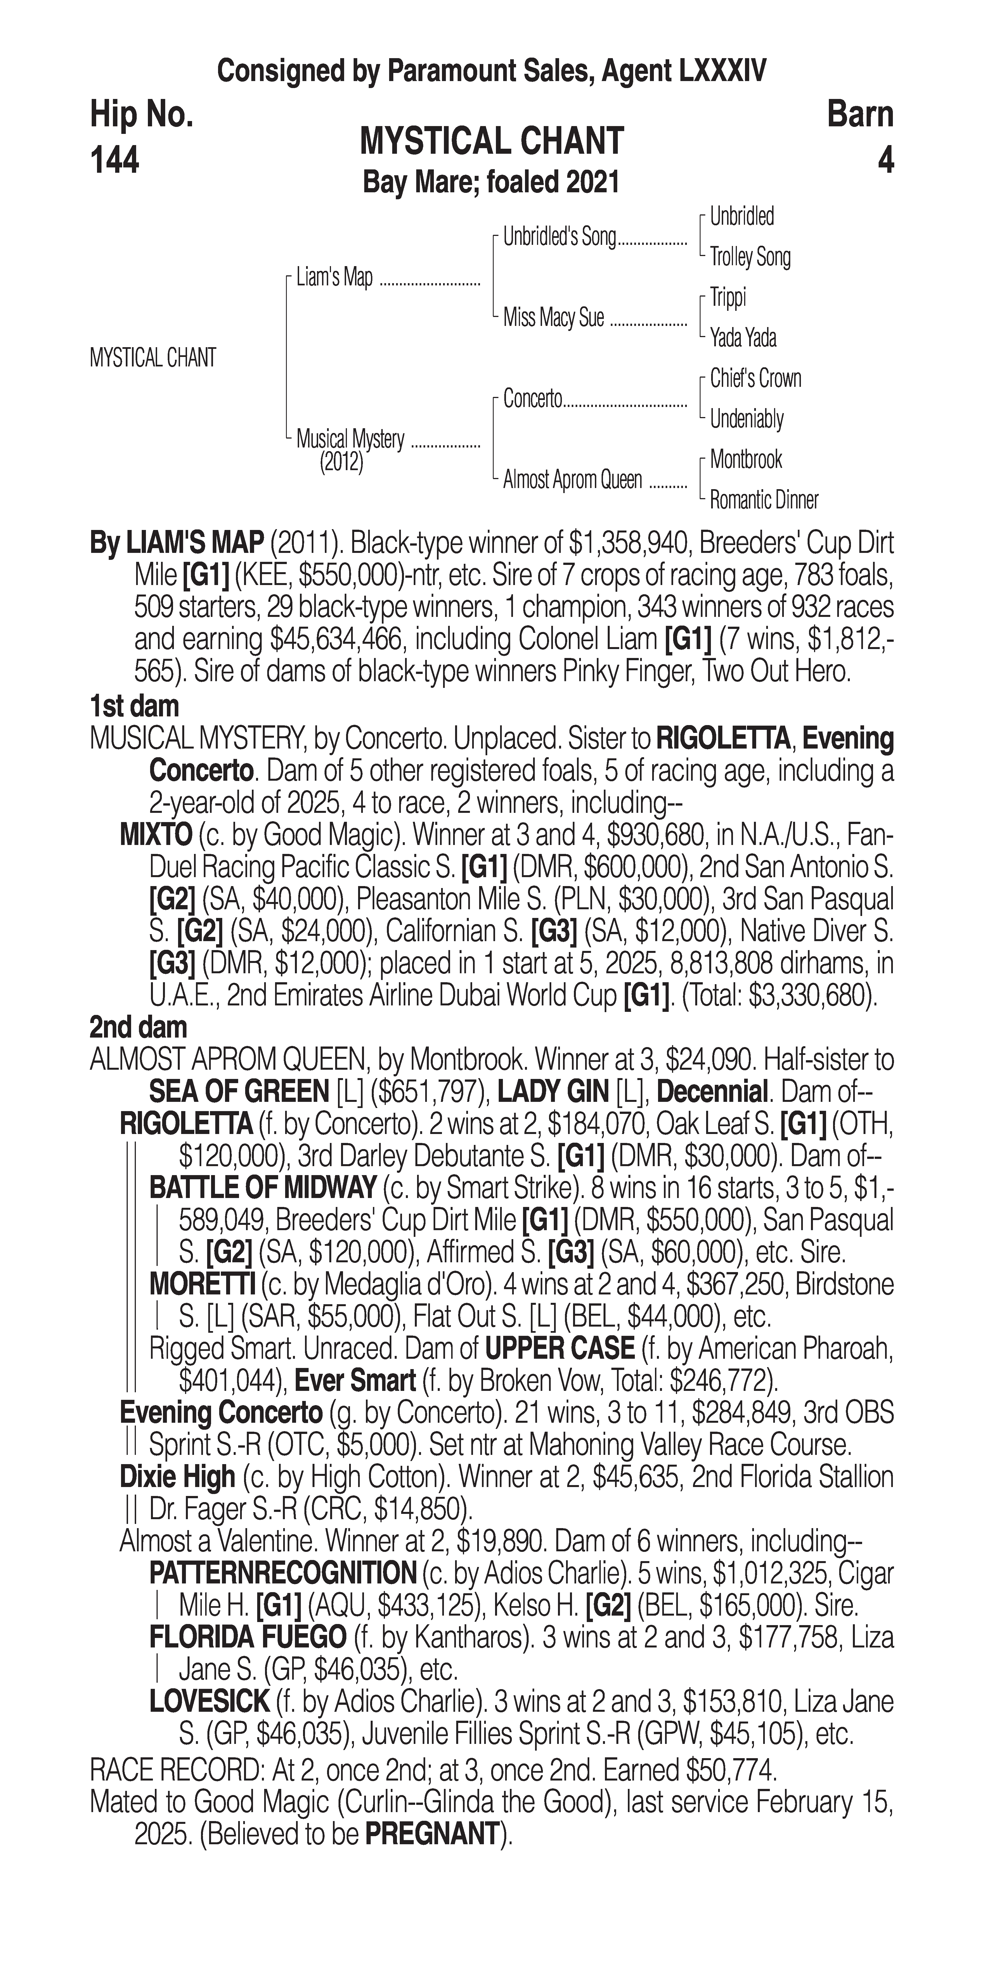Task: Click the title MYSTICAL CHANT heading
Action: [x=492, y=142]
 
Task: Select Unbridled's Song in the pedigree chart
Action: [x=559, y=237]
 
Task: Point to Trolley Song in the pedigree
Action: [x=750, y=257]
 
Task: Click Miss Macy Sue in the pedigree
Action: [x=553, y=317]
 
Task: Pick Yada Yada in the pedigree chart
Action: [x=743, y=337]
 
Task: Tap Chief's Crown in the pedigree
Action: [x=755, y=378]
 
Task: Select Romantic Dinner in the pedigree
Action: [x=763, y=500]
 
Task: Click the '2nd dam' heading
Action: [x=138, y=1028]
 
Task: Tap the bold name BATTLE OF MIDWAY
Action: [x=262, y=1188]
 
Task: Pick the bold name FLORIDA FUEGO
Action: [x=248, y=1637]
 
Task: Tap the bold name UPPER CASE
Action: [x=560, y=1349]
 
